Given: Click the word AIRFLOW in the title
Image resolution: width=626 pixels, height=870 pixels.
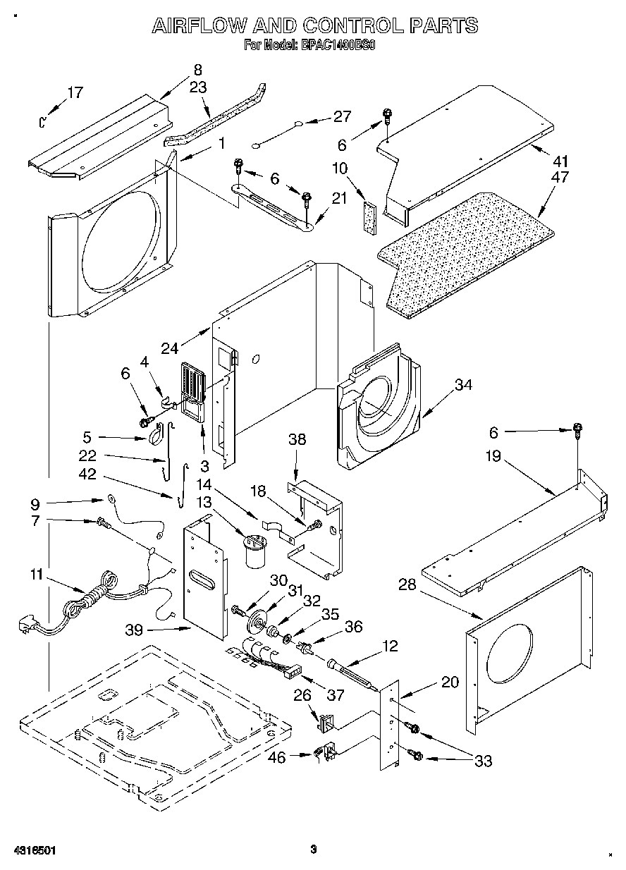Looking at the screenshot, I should [199, 27].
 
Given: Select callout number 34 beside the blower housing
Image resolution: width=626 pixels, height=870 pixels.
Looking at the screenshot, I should [462, 385].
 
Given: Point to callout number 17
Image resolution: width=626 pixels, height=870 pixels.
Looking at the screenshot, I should [75, 92].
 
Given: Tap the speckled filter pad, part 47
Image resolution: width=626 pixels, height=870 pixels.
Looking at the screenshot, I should [465, 254].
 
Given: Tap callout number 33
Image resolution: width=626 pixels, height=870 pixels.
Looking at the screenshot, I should [483, 761].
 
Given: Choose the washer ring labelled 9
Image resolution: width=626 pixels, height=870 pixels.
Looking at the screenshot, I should [111, 500].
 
